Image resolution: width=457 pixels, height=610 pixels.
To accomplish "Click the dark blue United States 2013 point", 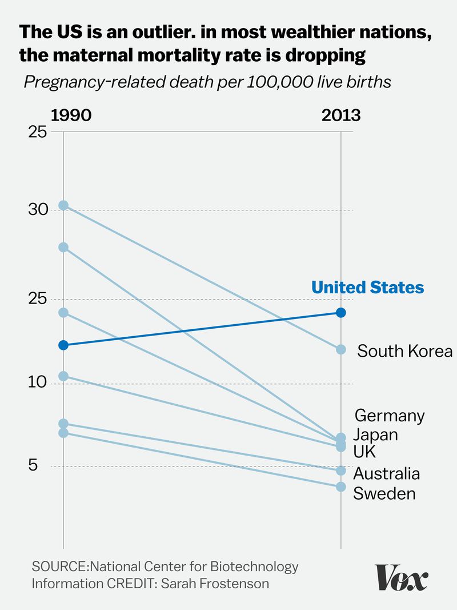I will click(340, 312).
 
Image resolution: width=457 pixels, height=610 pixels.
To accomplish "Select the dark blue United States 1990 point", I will click(63, 345).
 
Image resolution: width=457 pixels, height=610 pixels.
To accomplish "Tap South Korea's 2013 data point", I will click(340, 349).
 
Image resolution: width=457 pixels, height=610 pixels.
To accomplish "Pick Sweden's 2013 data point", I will click(340, 487).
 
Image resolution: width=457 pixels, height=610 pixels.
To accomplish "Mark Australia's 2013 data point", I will click(340, 471).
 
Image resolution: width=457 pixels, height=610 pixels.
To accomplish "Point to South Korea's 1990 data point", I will click(63, 205).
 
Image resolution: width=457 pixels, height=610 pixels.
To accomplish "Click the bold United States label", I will click(367, 287).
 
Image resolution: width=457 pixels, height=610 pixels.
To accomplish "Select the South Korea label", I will click(404, 350).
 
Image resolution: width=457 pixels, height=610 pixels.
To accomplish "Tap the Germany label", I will click(390, 415).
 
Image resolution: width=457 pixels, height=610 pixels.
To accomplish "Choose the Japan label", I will click(375, 434).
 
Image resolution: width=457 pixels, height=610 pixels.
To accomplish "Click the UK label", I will click(364, 452).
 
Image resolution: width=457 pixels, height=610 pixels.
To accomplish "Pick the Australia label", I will click(386, 473).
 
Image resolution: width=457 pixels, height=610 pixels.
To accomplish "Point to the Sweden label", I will click(384, 493).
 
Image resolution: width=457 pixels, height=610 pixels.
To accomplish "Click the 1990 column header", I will click(71, 115).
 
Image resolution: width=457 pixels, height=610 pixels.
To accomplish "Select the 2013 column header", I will click(340, 115).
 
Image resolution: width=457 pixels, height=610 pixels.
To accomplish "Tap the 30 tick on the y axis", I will click(37, 210).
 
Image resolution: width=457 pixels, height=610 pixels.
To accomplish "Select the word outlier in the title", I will click(125, 33).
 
